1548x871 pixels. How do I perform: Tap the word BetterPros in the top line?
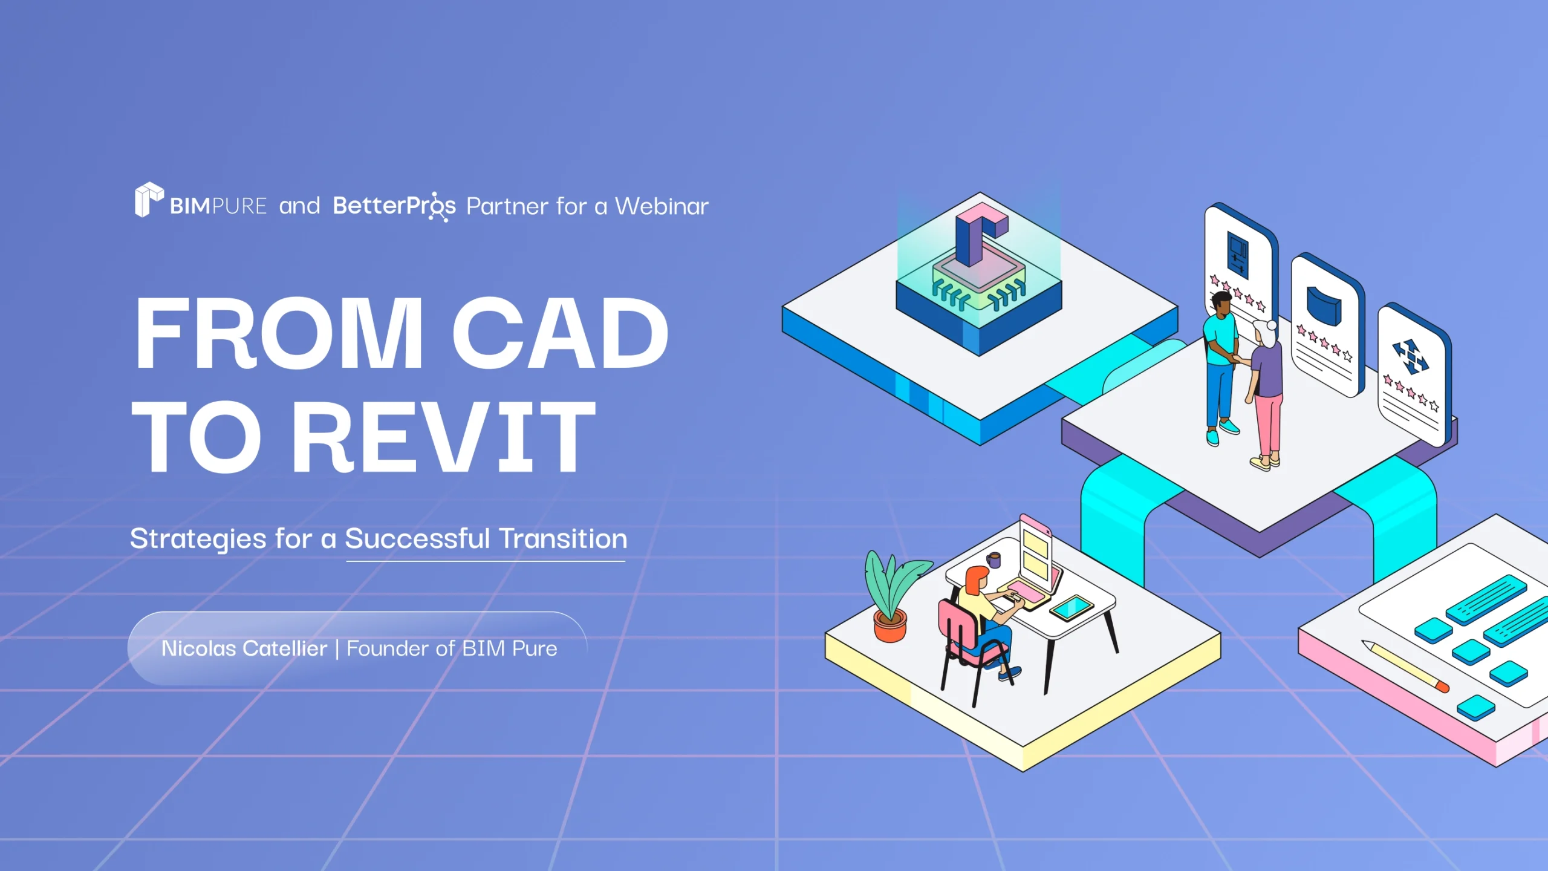(394, 206)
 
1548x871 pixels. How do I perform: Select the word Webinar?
(662, 206)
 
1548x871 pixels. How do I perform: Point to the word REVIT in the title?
(444, 437)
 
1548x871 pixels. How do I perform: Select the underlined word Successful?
(417, 538)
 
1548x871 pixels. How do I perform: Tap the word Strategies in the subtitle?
(198, 538)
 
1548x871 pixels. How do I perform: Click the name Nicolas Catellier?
(244, 648)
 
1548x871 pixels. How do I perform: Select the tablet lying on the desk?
(1072, 608)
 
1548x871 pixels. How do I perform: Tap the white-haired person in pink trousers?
(1267, 393)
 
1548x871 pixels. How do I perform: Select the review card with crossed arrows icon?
(1413, 375)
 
